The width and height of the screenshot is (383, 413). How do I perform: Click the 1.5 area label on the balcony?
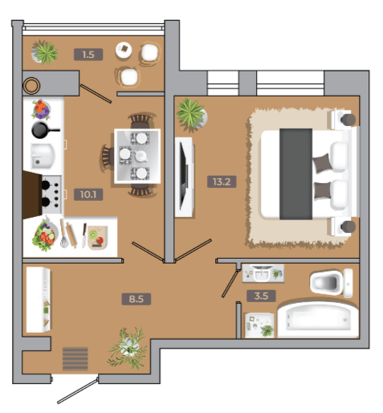click(88, 55)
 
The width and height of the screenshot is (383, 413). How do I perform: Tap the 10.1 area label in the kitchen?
click(88, 194)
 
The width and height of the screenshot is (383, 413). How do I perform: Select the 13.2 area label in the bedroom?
click(222, 182)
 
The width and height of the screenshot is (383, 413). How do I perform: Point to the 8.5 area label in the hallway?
click(136, 299)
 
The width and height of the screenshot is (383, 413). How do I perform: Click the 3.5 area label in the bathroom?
click(261, 296)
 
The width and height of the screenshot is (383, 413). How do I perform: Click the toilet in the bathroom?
click(332, 283)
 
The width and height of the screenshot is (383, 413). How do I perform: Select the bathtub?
click(318, 320)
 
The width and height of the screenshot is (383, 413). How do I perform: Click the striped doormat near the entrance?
click(75, 359)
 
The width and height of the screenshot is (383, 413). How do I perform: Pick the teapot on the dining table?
click(141, 156)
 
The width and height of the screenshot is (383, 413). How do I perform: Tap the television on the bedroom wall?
click(184, 177)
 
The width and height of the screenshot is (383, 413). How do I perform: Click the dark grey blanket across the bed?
click(295, 174)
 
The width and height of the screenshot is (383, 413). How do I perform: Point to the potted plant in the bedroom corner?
click(191, 115)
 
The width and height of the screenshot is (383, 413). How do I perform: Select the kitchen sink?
click(43, 156)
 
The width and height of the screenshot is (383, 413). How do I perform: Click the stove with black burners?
click(51, 194)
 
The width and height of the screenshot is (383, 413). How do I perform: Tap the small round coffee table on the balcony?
click(124, 50)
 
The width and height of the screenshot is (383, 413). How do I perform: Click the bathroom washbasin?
click(261, 274)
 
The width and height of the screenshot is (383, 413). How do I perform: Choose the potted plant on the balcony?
click(44, 53)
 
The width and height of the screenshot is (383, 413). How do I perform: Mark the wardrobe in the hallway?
click(39, 300)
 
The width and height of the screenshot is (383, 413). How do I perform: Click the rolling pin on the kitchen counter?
click(71, 235)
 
